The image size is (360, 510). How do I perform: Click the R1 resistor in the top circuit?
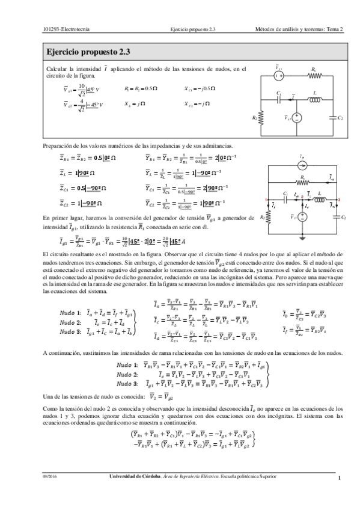pyautogui.click(x=313, y=76)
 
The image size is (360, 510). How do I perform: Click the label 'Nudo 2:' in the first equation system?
pyautogui.click(x=70, y=322)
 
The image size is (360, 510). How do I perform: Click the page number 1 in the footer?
pyautogui.click(x=340, y=478)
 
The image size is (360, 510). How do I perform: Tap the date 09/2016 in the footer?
pyautogui.click(x=49, y=477)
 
